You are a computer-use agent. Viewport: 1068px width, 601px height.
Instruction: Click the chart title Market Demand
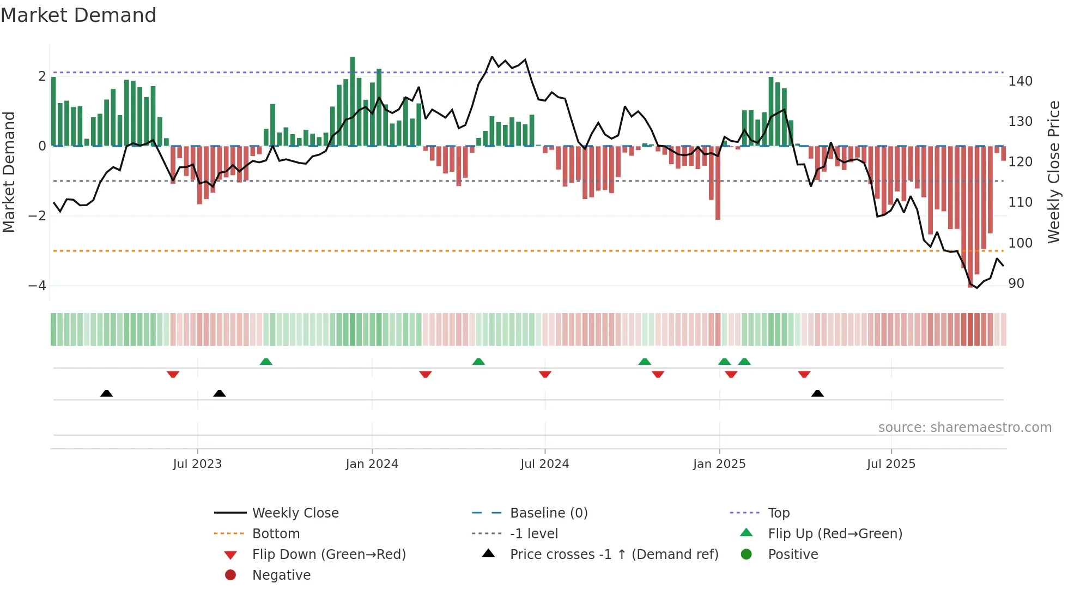click(x=78, y=15)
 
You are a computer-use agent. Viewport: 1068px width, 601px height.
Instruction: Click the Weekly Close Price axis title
click(x=1054, y=172)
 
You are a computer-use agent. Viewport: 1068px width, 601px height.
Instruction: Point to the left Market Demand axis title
click(x=9, y=172)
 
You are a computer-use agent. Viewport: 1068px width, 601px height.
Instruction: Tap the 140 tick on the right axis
click(x=1020, y=81)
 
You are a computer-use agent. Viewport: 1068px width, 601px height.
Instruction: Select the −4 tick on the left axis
click(x=37, y=286)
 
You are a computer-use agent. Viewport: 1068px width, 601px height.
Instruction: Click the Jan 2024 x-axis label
click(x=372, y=464)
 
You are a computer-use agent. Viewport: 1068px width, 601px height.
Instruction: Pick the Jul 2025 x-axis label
click(x=891, y=464)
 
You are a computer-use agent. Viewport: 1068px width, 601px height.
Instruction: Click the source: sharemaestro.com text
click(x=964, y=428)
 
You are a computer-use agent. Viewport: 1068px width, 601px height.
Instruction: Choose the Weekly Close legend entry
click(x=295, y=513)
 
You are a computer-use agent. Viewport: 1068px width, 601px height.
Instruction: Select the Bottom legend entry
click(x=276, y=534)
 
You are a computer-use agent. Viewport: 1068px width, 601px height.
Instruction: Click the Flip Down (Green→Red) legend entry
click(x=329, y=555)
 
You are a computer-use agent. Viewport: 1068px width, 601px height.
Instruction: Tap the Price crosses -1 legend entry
click(x=614, y=555)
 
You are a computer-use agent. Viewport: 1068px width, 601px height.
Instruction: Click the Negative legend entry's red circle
click(x=230, y=575)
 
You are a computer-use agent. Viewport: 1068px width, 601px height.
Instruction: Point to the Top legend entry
click(x=779, y=513)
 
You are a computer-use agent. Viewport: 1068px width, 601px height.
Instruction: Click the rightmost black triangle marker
click(x=817, y=394)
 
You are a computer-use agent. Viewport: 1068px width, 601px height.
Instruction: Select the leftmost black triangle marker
click(x=107, y=394)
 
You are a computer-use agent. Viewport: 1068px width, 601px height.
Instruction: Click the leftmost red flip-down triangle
click(x=173, y=375)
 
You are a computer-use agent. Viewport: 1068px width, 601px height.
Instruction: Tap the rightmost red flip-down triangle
click(x=804, y=375)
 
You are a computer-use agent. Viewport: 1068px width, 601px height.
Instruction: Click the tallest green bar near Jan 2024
click(x=353, y=101)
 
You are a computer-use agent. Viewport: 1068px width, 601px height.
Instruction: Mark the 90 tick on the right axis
click(x=1016, y=284)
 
